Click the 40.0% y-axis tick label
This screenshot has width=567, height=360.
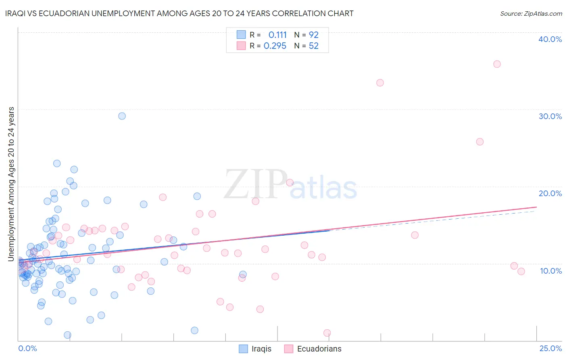[550, 39]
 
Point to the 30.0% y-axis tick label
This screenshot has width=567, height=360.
[550, 116]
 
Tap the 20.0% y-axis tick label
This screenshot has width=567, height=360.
[550, 193]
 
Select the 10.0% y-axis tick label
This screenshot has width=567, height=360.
[551, 271]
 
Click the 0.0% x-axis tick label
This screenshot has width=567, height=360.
[27, 349]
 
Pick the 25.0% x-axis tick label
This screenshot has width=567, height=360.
[550, 349]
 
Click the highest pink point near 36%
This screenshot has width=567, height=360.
[497, 64]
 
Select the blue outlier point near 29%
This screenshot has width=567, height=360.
[122, 116]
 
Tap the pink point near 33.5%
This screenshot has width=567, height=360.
[380, 83]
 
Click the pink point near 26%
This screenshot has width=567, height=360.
[479, 142]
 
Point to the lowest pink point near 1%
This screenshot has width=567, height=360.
[327, 333]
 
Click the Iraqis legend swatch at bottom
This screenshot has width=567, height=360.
[243, 349]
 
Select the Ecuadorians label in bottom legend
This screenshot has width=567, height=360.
[319, 349]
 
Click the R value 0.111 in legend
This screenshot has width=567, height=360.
[277, 35]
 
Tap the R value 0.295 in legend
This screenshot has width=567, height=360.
[275, 46]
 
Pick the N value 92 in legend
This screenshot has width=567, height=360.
[314, 35]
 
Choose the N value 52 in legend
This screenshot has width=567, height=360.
[314, 46]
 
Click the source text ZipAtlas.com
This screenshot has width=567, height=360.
[531, 14]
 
